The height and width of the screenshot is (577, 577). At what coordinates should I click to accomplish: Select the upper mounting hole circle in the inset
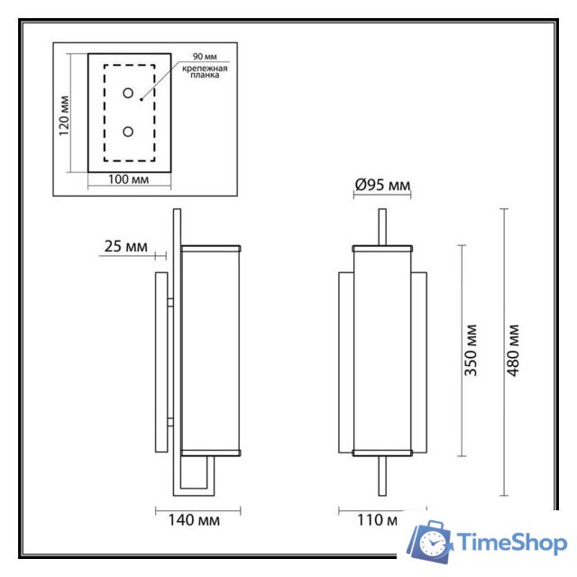click(128, 93)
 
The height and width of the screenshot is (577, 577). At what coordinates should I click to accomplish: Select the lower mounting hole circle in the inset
click(128, 132)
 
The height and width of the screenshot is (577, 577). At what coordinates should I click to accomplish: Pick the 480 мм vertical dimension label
click(514, 351)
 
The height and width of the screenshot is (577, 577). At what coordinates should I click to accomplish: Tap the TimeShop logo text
click(511, 543)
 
